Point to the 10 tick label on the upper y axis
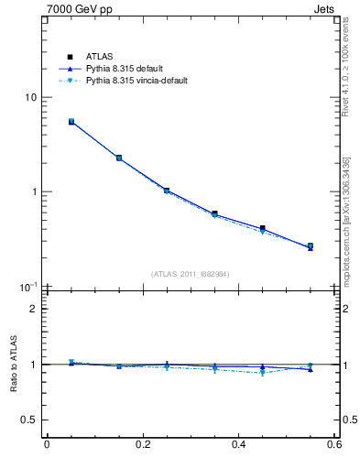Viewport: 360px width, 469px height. click(x=29, y=98)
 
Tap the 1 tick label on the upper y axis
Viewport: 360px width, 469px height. click(x=32, y=192)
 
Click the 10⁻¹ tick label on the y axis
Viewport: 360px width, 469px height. click(x=27, y=287)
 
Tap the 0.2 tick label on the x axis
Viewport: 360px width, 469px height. click(x=143, y=445)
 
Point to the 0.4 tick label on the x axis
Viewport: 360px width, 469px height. click(x=239, y=445)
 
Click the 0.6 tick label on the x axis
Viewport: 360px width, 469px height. click(x=334, y=445)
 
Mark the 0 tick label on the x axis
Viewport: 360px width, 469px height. click(x=47, y=445)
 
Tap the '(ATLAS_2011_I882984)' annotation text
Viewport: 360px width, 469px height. click(x=191, y=274)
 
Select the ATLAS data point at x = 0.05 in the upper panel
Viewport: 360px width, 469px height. click(x=71, y=121)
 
